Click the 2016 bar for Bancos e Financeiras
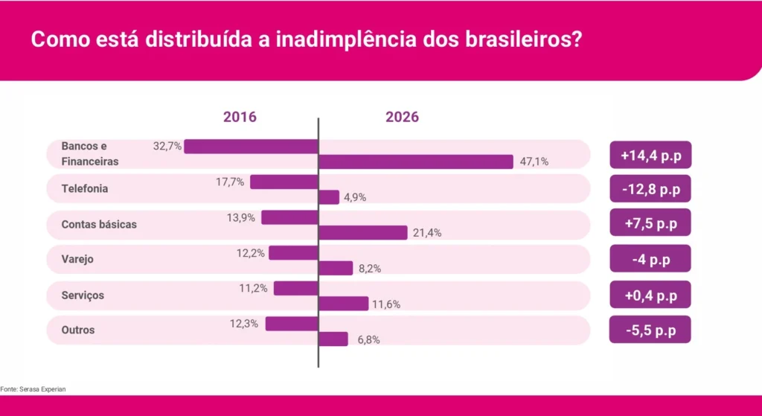coord(251,147)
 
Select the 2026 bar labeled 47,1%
coord(416,161)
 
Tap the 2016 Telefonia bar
coord(284,182)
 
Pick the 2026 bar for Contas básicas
coord(363,233)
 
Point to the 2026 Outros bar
coord(333,339)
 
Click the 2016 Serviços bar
coord(295,289)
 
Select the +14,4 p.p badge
coord(650,156)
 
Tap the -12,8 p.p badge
coord(650,190)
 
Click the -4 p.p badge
coord(650,260)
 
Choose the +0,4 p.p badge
coord(650,295)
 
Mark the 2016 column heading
coord(240,118)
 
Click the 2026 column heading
coord(402,118)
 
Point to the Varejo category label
coord(77,260)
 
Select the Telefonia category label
coord(85,189)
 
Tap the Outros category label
coord(78,330)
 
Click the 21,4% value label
coord(426,234)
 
